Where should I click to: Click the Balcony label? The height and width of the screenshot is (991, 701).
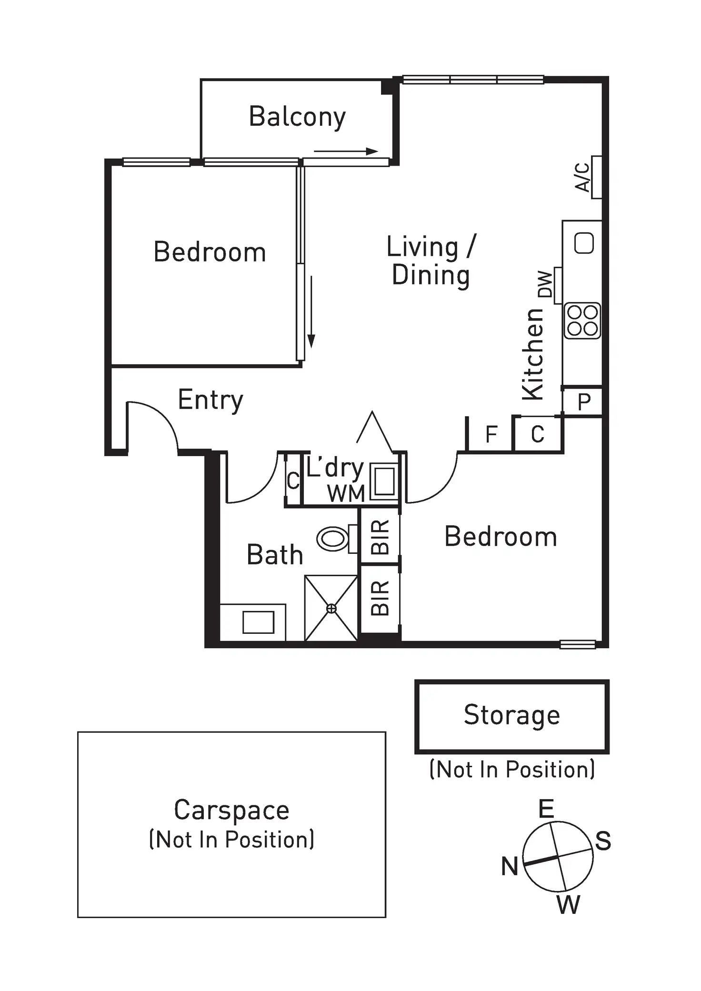pyautogui.click(x=297, y=117)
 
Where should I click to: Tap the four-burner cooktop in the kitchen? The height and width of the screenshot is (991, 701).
pyautogui.click(x=582, y=321)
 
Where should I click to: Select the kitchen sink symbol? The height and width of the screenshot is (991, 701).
pyautogui.click(x=584, y=243)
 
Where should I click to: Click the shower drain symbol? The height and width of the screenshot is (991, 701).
pyautogui.click(x=331, y=609)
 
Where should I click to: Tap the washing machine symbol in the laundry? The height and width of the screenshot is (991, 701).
pyautogui.click(x=384, y=481)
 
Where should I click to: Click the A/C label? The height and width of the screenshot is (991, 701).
pyautogui.click(x=582, y=177)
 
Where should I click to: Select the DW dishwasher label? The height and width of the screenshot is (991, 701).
pyautogui.click(x=545, y=284)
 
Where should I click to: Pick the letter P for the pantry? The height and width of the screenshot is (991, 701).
pyautogui.click(x=584, y=402)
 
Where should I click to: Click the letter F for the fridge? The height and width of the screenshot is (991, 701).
pyautogui.click(x=491, y=434)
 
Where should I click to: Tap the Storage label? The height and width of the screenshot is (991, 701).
pyautogui.click(x=512, y=715)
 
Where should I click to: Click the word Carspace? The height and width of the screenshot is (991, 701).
pyautogui.click(x=231, y=811)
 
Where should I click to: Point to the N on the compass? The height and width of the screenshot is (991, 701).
pyautogui.click(x=510, y=866)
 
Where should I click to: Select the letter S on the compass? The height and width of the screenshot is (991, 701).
pyautogui.click(x=603, y=841)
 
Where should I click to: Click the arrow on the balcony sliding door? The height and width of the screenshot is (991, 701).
pyautogui.click(x=346, y=152)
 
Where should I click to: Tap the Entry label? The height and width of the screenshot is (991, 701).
pyautogui.click(x=210, y=400)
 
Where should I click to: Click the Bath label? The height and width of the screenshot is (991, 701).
pyautogui.click(x=275, y=555)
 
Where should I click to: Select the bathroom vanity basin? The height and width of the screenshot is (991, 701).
pyautogui.click(x=258, y=622)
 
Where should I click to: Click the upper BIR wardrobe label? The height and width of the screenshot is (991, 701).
pyautogui.click(x=380, y=537)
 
